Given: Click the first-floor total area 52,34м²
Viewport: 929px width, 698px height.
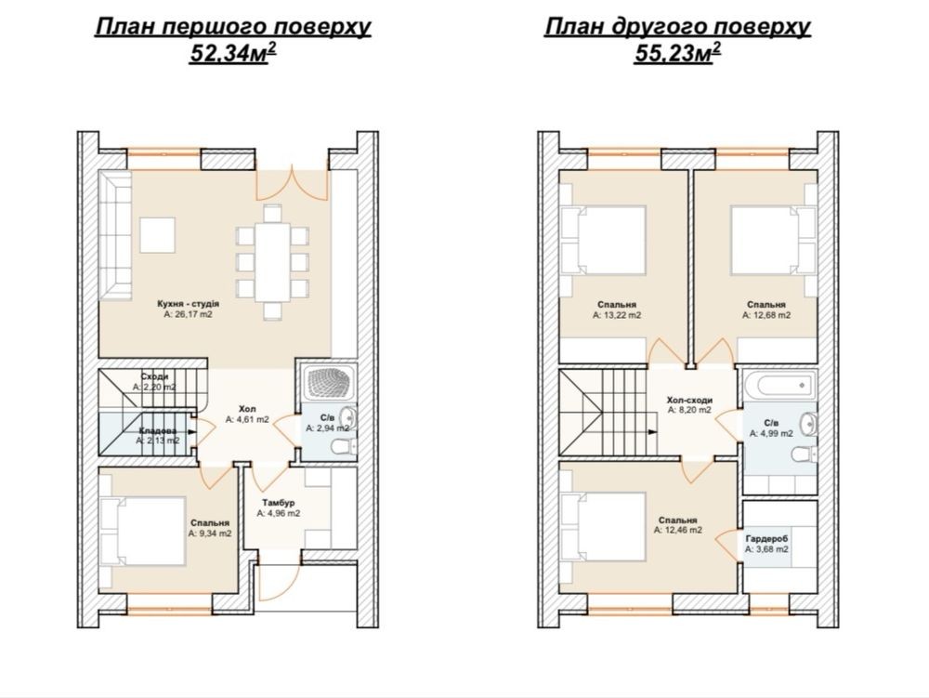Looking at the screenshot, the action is pos(233,53).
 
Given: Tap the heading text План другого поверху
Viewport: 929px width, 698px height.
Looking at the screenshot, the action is pos(677,27).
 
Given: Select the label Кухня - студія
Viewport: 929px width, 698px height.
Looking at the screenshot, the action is pos(189,303).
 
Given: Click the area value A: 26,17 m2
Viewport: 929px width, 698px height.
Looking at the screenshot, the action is pos(189,315).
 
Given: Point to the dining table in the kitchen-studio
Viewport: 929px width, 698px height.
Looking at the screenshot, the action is pos(273,262).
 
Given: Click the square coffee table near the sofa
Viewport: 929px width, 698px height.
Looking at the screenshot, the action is pos(158,235).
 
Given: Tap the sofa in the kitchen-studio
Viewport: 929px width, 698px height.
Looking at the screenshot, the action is pos(115,235).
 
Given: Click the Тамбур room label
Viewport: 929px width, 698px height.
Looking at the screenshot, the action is pos(279,503).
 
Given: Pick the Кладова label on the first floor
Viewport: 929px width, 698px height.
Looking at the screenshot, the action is pos(158,430).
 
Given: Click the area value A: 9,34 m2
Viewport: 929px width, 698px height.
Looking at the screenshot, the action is pos(210,533).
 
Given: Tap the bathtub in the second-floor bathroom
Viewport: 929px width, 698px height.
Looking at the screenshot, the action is pos(779,386).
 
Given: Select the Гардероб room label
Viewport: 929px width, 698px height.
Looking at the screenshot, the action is pos(766,539).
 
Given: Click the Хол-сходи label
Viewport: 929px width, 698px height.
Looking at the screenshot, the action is pos(689,400).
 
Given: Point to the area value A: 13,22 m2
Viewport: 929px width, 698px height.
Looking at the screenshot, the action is pos(617,315).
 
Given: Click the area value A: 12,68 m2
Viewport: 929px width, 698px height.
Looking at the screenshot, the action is pos(766,315).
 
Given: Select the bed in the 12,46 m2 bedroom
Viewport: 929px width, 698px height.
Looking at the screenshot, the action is pos(603,526).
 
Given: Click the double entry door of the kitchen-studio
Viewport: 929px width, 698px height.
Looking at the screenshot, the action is pos(292,184).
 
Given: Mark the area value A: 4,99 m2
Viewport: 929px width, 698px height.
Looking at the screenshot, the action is pos(771,433).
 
